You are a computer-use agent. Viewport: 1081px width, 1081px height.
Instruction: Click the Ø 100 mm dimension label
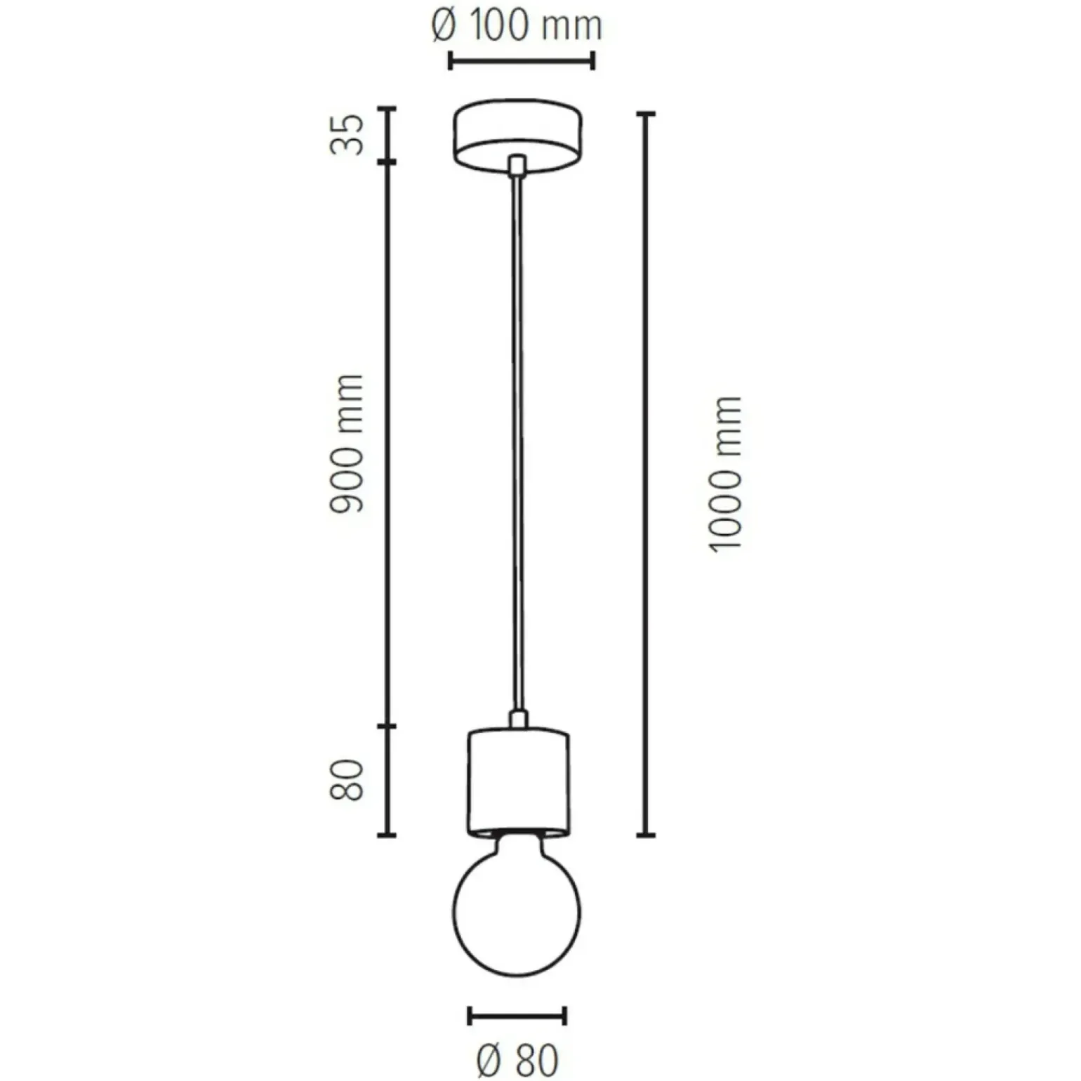coord(517,26)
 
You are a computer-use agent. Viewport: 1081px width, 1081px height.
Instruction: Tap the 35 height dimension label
coord(348,134)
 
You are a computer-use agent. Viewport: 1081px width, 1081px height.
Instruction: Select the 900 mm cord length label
coord(348,444)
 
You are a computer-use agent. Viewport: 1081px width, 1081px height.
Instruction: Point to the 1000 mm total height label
coord(725,475)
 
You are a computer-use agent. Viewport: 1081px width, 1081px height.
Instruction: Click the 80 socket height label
coord(348,780)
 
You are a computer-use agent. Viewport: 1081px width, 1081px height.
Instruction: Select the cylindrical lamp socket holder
coord(517,782)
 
